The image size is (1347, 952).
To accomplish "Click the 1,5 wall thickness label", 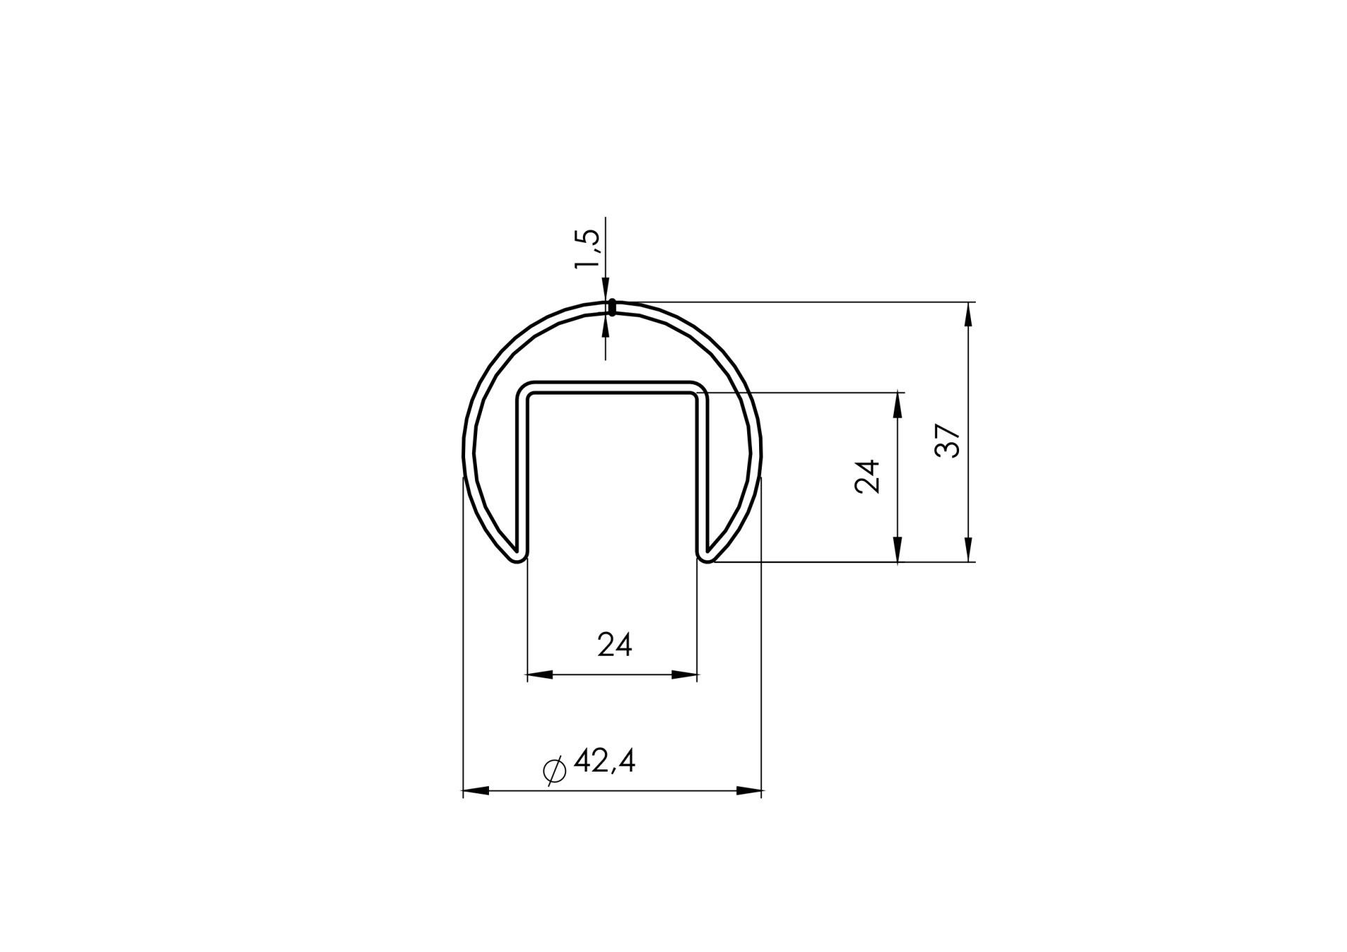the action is pyautogui.click(x=587, y=249).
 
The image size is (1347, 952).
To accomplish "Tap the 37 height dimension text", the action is pyautogui.click(x=948, y=441).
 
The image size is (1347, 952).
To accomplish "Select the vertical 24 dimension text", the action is pyautogui.click(x=868, y=477).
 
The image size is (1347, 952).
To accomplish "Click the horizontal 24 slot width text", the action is pyautogui.click(x=615, y=644).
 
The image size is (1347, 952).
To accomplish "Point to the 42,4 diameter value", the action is pyautogui.click(x=604, y=761).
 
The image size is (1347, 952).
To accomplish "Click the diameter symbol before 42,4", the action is pyautogui.click(x=554, y=770).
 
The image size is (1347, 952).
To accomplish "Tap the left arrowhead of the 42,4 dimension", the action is pyautogui.click(x=476, y=791).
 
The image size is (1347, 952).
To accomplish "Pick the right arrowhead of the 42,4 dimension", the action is pyautogui.click(x=749, y=791).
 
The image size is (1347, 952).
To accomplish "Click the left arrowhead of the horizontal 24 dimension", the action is pyautogui.click(x=540, y=675).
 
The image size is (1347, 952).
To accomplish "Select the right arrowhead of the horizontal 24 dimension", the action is pyautogui.click(x=685, y=675).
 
